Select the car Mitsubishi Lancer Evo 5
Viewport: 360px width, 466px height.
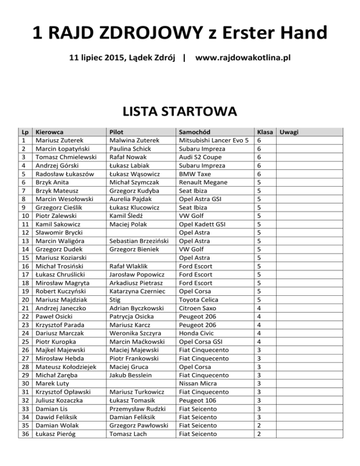pyautogui.click(x=213, y=140)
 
